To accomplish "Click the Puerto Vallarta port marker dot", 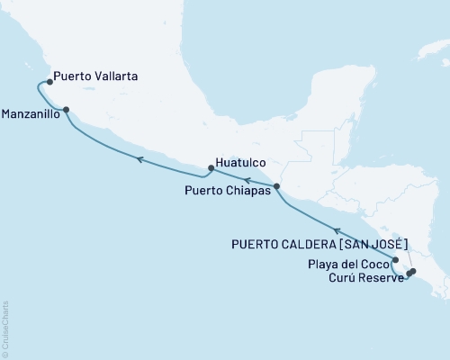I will [49, 82].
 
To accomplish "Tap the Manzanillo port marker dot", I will [65, 113].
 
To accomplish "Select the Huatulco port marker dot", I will [211, 167].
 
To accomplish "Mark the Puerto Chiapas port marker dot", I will [276, 186].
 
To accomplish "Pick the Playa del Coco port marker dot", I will [395, 259].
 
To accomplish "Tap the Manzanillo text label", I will [31, 115].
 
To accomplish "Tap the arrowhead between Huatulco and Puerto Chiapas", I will [246, 180].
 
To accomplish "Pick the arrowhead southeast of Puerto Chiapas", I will [337, 230].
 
